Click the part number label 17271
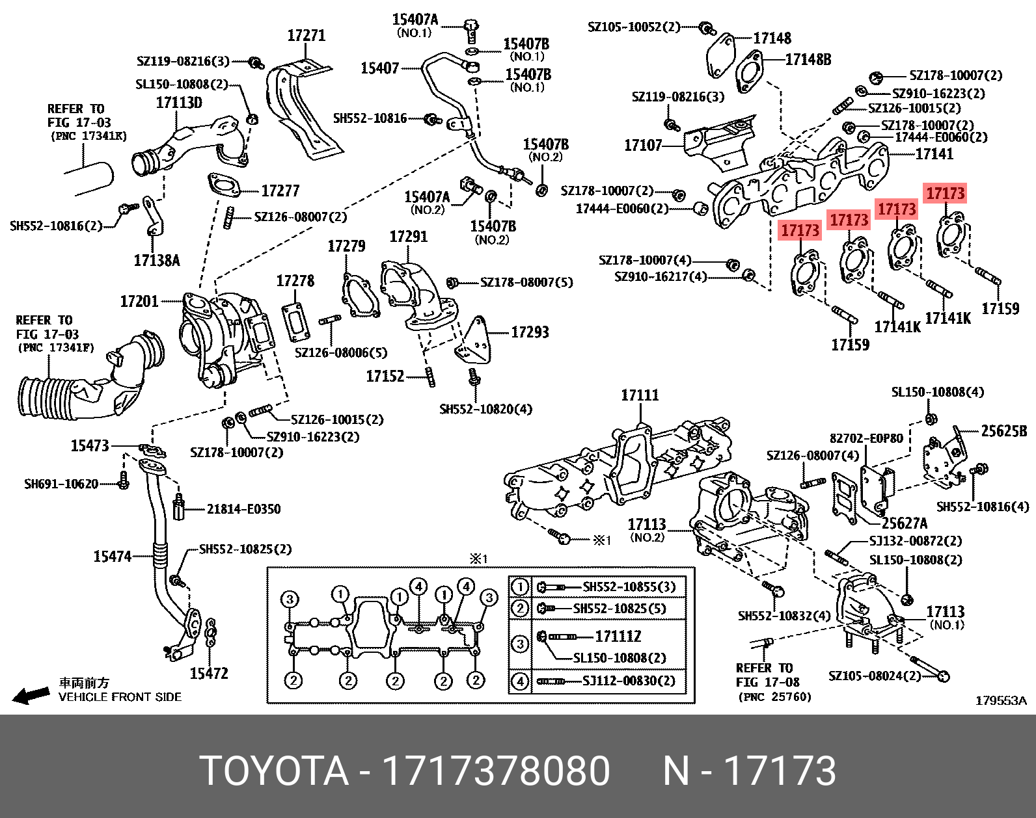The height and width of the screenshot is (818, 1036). (x=307, y=36)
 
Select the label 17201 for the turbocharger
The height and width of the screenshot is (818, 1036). (x=139, y=301)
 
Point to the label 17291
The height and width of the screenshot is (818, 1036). (x=409, y=237)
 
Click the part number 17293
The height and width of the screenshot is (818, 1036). (x=530, y=332)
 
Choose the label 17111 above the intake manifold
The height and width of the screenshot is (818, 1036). (x=640, y=395)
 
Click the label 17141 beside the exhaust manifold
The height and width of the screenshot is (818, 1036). (x=934, y=154)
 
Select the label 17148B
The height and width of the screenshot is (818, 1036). (x=808, y=60)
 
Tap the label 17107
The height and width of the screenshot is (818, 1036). (x=643, y=146)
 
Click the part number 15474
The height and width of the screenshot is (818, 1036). (x=113, y=557)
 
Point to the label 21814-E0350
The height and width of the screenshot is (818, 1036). (x=243, y=509)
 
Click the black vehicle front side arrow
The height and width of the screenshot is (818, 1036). (x=31, y=696)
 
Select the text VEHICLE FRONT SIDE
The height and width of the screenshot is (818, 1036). (x=120, y=697)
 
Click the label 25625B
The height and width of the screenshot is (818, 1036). (x=1003, y=431)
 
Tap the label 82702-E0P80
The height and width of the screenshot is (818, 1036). (x=866, y=439)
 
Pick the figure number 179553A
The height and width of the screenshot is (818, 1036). (x=1000, y=700)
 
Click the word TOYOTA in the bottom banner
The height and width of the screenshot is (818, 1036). (x=274, y=771)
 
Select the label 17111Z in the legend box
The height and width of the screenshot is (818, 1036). (x=618, y=637)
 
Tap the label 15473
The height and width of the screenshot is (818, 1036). (x=90, y=446)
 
